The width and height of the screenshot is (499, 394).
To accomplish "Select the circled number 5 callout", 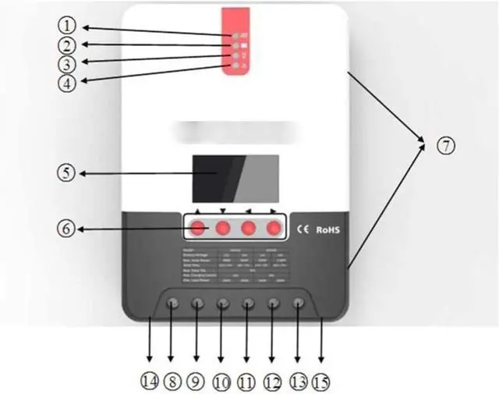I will pyautogui.click(x=69, y=173).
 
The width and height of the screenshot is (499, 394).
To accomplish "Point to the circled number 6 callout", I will pyautogui.click(x=69, y=229).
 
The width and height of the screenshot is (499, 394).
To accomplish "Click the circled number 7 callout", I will pyautogui.click(x=444, y=145).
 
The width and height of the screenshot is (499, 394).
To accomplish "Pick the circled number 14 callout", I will pyautogui.click(x=149, y=381).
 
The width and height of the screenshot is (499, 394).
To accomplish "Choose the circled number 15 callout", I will pyautogui.click(x=321, y=382).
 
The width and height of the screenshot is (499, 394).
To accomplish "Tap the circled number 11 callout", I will pyautogui.click(x=248, y=381).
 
